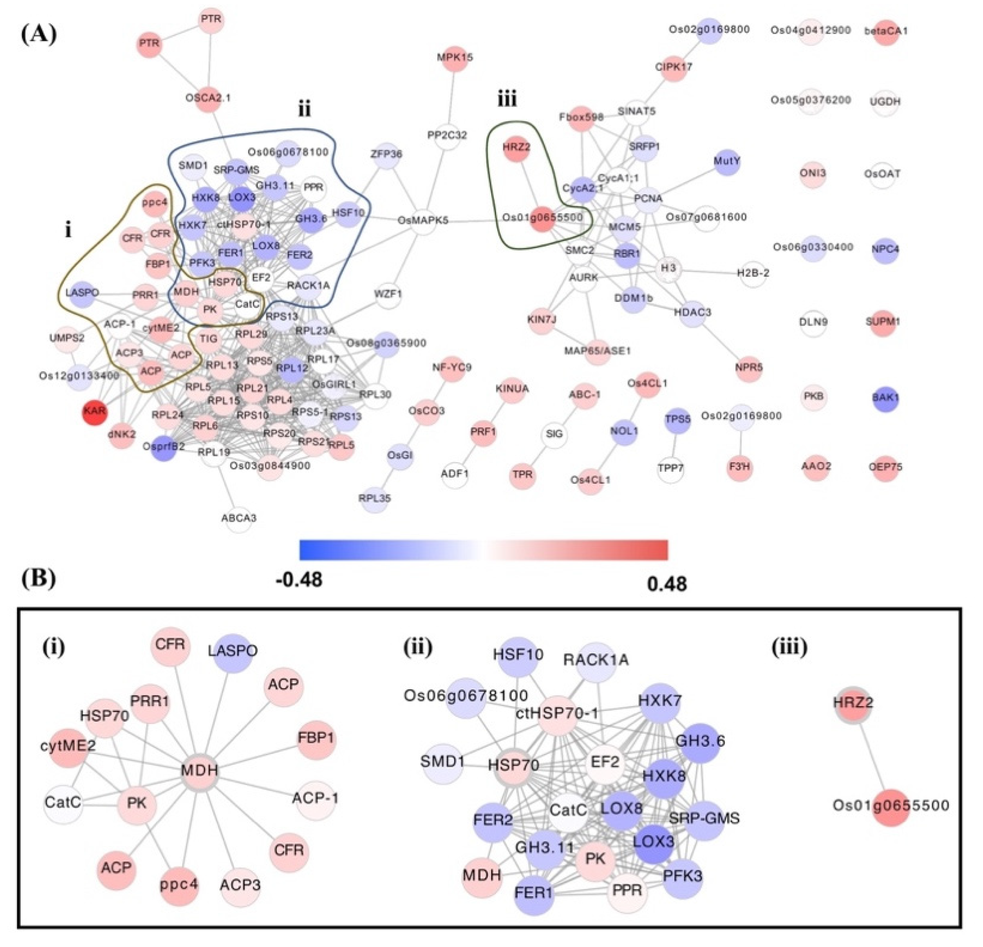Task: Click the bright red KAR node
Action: click(95, 412)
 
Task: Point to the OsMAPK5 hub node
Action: click(423, 220)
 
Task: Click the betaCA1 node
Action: click(886, 31)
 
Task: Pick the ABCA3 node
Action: click(239, 518)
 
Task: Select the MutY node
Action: click(727, 162)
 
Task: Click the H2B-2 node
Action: click(753, 273)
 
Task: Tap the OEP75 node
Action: click(885, 467)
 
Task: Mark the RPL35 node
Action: click(375, 498)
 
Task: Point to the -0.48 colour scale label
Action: click(299, 580)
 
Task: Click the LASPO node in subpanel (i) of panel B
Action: click(232, 652)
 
